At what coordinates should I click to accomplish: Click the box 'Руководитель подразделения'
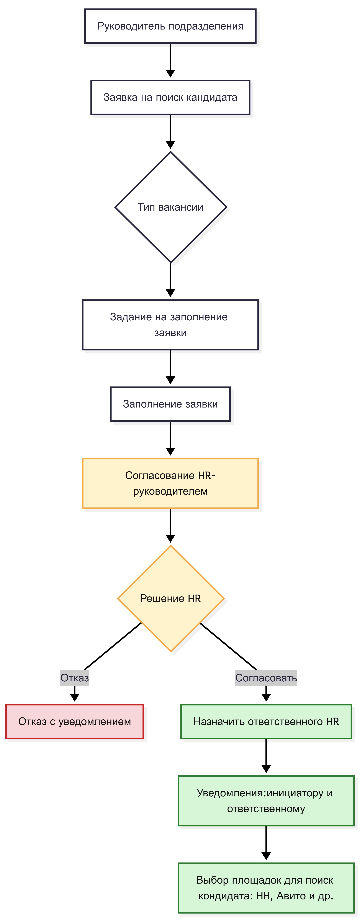(170, 26)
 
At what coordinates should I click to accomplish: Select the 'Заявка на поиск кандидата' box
(170, 97)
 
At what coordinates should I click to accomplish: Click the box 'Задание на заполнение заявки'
(170, 325)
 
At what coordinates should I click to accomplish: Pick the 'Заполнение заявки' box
(170, 404)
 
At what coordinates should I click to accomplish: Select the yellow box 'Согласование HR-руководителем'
(170, 483)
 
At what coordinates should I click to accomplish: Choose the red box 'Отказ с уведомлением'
(74, 721)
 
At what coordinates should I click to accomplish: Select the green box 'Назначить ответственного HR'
(266, 721)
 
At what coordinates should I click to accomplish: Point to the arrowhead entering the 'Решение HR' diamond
(170, 539)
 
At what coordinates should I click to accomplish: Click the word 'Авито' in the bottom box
(291, 896)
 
